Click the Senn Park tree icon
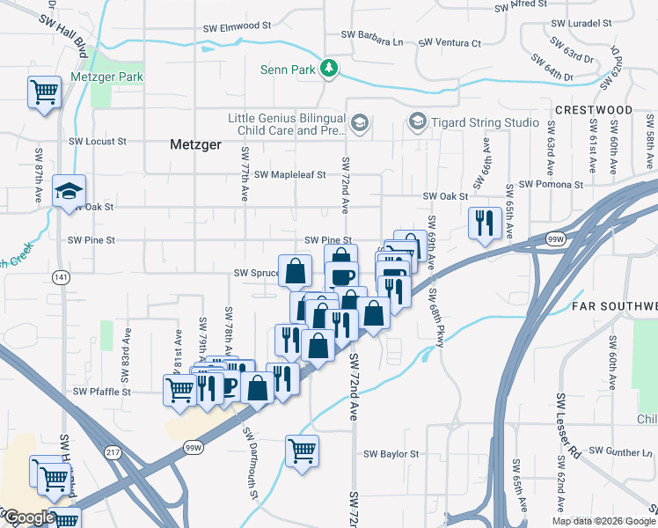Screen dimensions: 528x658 click(x=329, y=69)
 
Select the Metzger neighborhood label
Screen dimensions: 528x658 click(x=194, y=144)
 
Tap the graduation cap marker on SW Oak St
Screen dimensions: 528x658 click(x=68, y=192)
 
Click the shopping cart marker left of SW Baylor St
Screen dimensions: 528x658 click(x=302, y=451)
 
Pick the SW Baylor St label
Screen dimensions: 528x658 click(x=391, y=454)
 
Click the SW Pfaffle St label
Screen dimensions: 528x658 click(x=101, y=391)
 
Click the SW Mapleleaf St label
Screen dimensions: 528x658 click(x=290, y=174)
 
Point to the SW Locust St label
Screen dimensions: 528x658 click(x=98, y=140)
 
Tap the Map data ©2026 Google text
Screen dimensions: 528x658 click(x=603, y=520)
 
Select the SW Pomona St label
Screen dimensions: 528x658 click(x=552, y=185)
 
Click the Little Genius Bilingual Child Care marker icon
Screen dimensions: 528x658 click(x=359, y=121)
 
